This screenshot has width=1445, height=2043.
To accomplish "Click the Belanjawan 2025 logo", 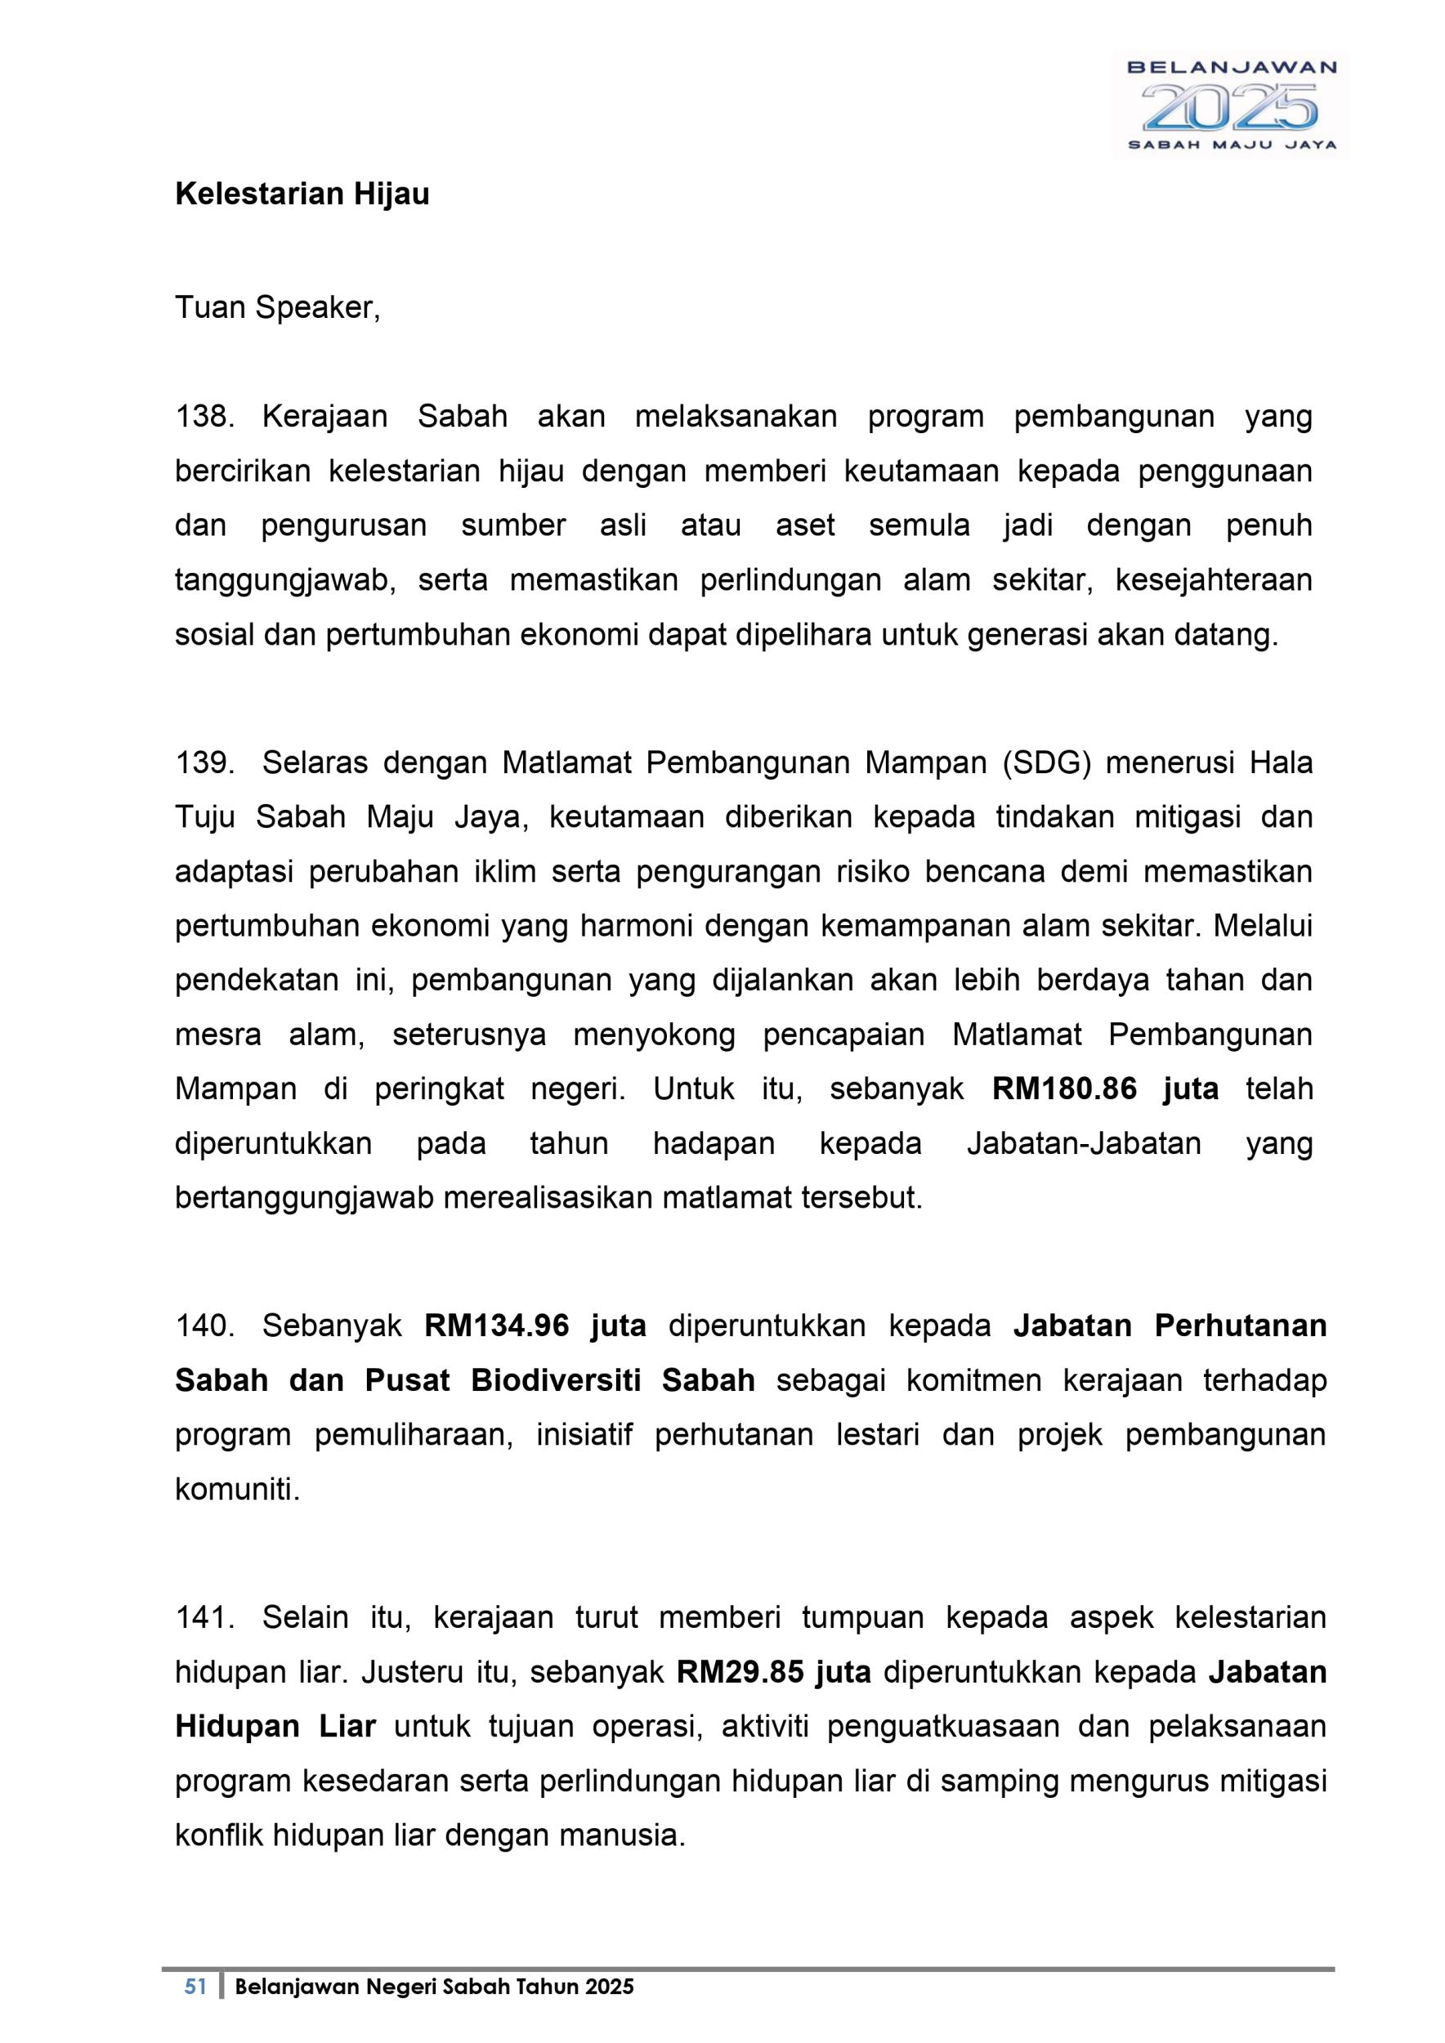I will pos(1231,105).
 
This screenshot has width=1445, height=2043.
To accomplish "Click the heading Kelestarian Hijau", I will pos(302,194).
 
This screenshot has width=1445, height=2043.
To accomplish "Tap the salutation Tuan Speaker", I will pos(278,308).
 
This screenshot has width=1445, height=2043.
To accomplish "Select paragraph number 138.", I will pos(204,417).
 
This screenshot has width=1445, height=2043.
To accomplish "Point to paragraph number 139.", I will pos(204,762).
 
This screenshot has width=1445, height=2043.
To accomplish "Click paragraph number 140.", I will pos(204,1325).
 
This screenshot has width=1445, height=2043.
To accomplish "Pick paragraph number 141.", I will pos(204,1616).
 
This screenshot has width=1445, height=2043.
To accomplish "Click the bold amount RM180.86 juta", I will pos(1105,1089).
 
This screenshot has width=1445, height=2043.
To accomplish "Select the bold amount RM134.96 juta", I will pos(535,1325).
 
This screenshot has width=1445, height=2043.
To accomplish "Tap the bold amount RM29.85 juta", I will pos(773,1672).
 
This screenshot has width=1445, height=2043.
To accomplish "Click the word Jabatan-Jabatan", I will pos(1084,1143).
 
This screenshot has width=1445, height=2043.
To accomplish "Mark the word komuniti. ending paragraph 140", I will pos(238,1490).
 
